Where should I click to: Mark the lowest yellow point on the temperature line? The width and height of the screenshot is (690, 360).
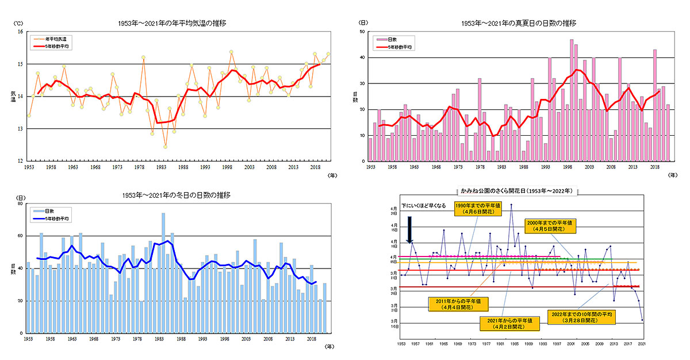(165, 147)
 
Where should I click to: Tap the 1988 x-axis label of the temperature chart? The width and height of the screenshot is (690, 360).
(183, 167)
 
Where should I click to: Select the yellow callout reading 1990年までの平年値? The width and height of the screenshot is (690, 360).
(472, 208)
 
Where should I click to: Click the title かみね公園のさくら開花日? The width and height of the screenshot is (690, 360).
(519, 190)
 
